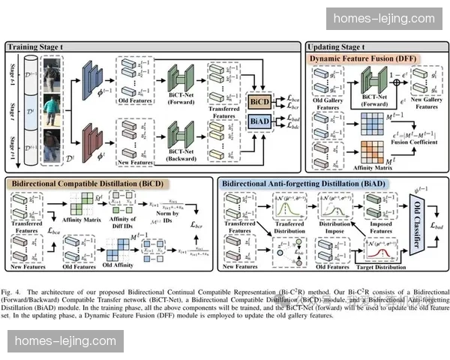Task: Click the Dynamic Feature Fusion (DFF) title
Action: pos(364,58)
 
